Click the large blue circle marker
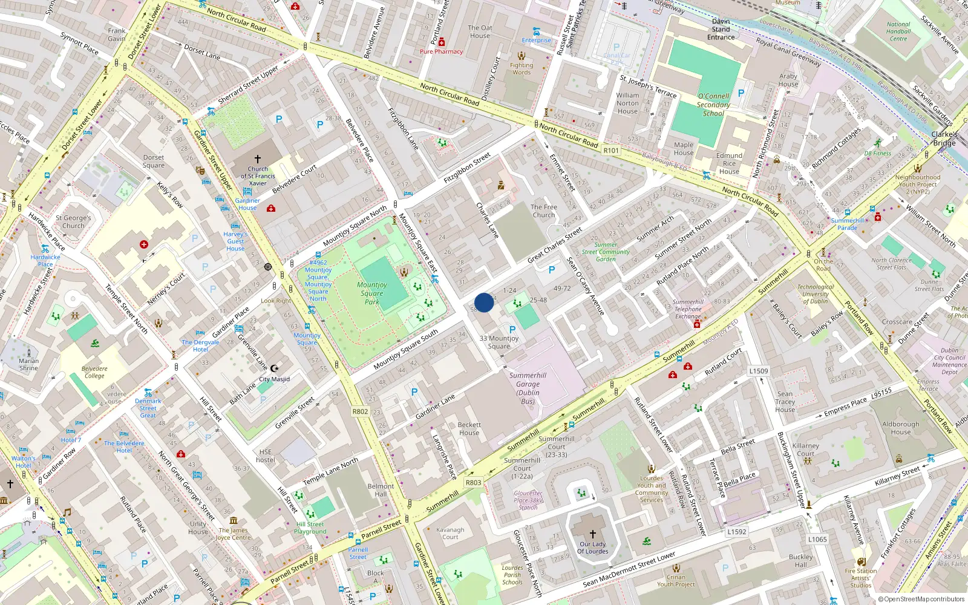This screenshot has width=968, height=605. click(484, 302)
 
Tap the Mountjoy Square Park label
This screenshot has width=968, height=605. click(371, 293)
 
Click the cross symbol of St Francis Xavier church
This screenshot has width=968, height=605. click(258, 159)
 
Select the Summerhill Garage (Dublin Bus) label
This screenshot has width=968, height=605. click(528, 388)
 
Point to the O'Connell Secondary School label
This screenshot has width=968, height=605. click(713, 105)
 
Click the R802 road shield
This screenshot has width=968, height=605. click(360, 411)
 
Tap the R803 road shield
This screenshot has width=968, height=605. click(473, 482)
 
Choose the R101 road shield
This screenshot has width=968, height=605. click(611, 151)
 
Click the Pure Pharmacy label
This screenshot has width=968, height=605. click(441, 51)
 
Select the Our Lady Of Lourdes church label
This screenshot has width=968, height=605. click(592, 548)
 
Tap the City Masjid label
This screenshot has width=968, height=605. click(274, 379)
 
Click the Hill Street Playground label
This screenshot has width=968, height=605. click(310, 528)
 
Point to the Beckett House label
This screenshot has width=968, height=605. click(469, 428)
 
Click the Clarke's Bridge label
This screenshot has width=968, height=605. click(944, 139)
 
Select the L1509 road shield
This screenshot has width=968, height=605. click(758, 371)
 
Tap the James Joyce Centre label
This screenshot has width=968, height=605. click(233, 534)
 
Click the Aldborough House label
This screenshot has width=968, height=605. click(900, 428)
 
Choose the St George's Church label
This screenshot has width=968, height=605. click(73, 221)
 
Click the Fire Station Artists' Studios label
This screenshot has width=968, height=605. click(860, 578)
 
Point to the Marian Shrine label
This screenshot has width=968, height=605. click(28, 364)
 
